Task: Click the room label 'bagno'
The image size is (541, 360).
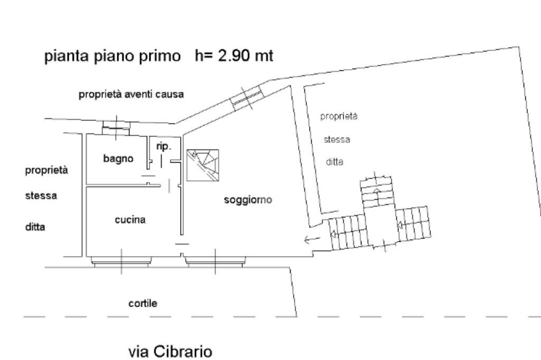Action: (118, 158)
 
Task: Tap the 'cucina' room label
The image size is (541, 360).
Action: (130, 220)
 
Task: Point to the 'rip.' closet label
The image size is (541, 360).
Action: (164, 147)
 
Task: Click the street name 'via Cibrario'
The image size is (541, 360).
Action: (171, 351)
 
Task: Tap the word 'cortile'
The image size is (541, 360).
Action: (143, 304)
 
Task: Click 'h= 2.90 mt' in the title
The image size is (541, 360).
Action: (234, 56)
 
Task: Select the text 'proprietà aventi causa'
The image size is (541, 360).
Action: (131, 94)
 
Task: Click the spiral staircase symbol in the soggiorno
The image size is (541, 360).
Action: (203, 165)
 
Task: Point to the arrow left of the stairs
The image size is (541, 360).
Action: (312, 240)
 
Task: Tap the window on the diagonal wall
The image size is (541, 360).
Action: (247, 98)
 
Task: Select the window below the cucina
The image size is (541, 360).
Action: (122, 261)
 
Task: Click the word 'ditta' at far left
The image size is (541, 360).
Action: (35, 228)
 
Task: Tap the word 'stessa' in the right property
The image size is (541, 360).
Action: (337, 140)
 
